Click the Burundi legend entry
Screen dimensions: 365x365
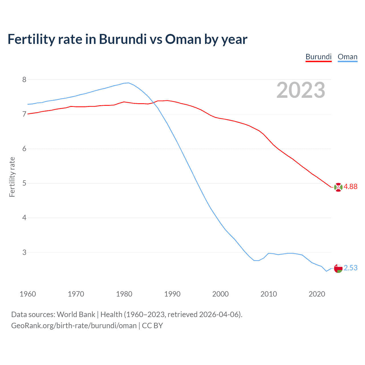click(318, 57)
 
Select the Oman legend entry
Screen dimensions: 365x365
click(347, 57)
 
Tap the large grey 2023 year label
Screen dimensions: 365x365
click(301, 90)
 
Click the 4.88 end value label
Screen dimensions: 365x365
click(350, 186)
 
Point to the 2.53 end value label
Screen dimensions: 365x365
click(350, 268)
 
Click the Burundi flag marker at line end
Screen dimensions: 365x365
click(338, 187)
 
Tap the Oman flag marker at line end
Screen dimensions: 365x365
click(338, 268)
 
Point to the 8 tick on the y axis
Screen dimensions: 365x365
click(24, 80)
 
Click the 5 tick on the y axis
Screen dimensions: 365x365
click(24, 183)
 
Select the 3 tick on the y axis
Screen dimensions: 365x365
click(24, 252)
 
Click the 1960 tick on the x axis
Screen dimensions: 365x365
click(28, 294)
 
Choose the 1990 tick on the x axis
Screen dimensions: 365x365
click(172, 294)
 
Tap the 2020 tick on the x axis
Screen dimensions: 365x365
click(317, 294)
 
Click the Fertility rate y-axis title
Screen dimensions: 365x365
click(12, 177)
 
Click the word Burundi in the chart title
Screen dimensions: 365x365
click(123, 39)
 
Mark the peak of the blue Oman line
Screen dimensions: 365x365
click(128, 83)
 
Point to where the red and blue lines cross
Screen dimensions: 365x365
click(153, 102)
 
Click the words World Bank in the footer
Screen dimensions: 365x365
click(76, 315)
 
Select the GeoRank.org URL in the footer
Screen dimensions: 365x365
click(74, 326)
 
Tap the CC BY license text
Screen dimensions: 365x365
click(152, 326)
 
